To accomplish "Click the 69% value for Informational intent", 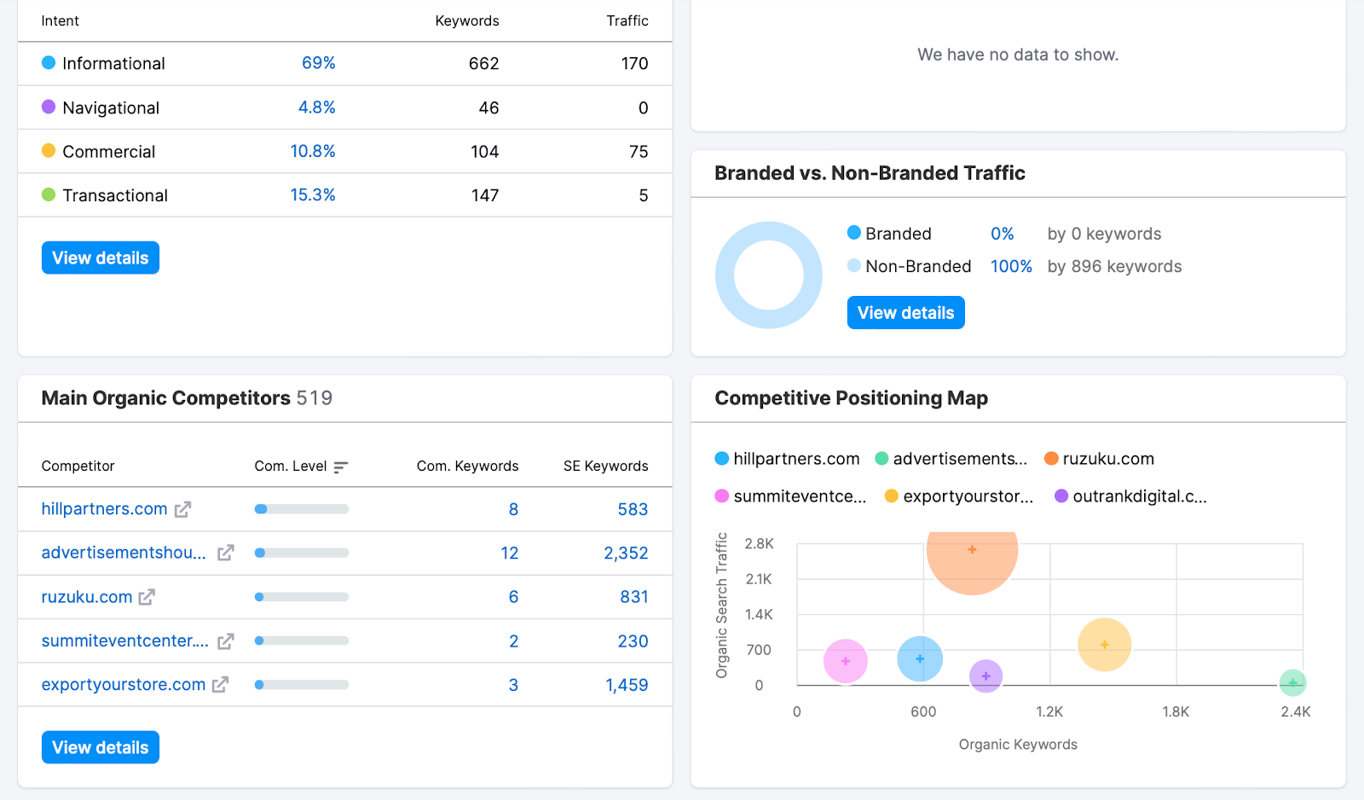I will (318, 63).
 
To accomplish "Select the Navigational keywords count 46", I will (488, 107).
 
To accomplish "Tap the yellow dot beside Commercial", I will (49, 151).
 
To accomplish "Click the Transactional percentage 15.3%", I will (312, 195).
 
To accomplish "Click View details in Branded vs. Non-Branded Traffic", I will (905, 313).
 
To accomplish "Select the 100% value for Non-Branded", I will (1011, 267).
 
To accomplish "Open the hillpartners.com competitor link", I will (104, 509).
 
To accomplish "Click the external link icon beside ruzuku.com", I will (147, 597).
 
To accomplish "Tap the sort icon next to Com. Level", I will (341, 467).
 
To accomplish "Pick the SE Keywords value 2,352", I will (626, 554).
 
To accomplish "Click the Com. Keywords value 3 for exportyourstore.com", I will (513, 685).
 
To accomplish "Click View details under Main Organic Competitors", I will (101, 748).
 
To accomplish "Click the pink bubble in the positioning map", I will (845, 661).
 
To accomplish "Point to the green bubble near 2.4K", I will (1292, 682).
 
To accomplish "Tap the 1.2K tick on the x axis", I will (1049, 712).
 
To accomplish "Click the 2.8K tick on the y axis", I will (759, 544).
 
